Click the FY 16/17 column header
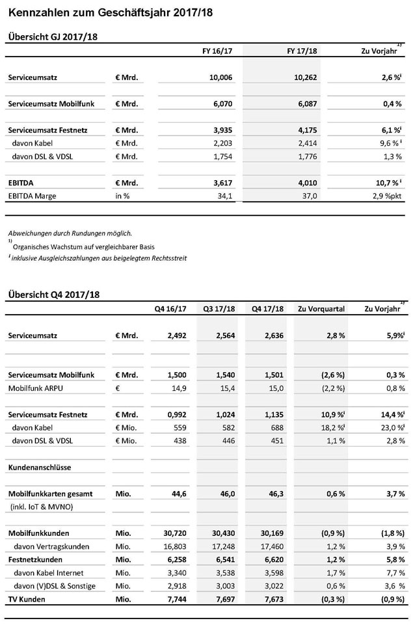coord(218,51)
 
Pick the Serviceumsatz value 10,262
coord(302,77)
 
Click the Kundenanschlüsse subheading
coord(40,467)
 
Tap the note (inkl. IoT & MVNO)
coord(42,506)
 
